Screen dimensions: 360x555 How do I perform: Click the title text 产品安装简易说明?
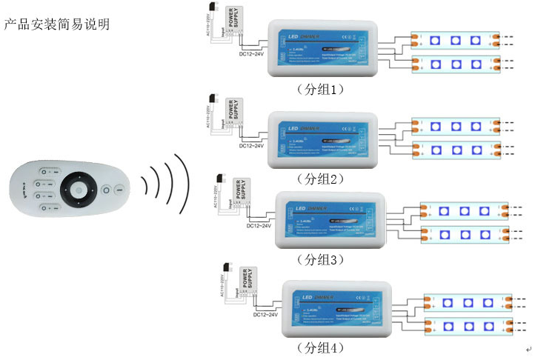tap(57, 24)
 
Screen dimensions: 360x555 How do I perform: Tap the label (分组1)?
tap(321, 89)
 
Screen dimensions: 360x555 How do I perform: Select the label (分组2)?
tap(321, 179)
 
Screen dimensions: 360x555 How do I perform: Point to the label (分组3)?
tap(321, 259)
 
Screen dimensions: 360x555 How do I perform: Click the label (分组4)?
tap(321, 347)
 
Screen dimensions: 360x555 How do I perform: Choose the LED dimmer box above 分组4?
tap(337, 307)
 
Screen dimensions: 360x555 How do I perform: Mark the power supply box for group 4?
tap(247, 281)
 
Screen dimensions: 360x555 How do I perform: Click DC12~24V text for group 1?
tap(251, 55)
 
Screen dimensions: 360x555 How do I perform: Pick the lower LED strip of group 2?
tap(456, 150)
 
